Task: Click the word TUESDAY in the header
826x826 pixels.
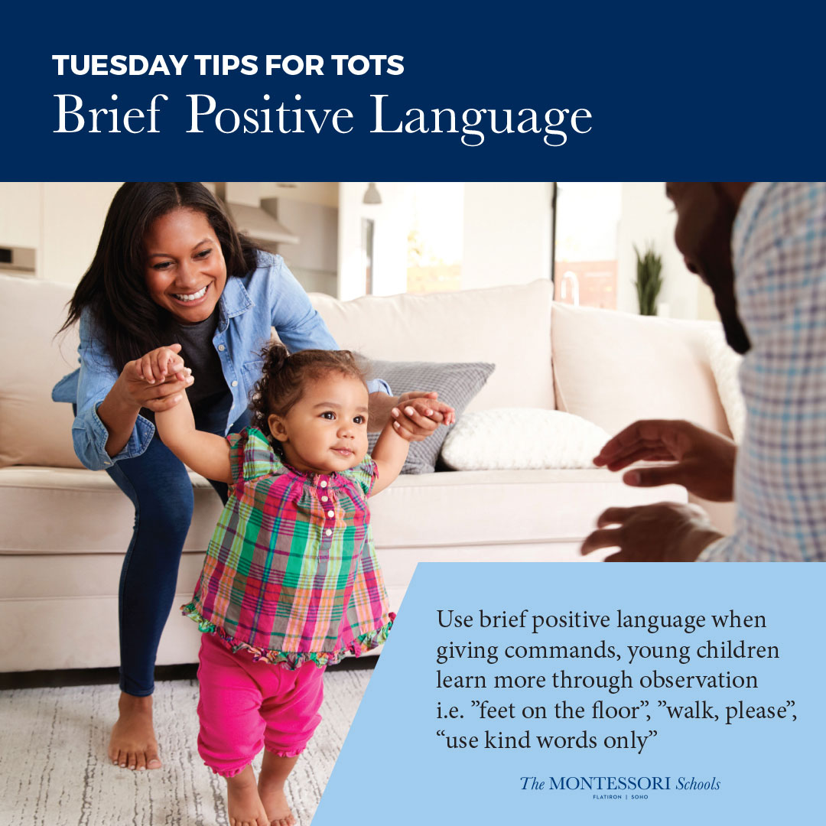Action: pyautogui.click(x=120, y=65)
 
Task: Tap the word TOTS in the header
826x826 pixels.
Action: pyautogui.click(x=367, y=65)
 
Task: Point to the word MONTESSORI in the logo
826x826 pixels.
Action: pyautogui.click(x=610, y=783)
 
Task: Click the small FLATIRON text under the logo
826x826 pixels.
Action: pyautogui.click(x=606, y=797)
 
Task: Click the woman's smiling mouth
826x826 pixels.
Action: pyautogui.click(x=192, y=294)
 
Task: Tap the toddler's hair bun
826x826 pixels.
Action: pyautogui.click(x=275, y=356)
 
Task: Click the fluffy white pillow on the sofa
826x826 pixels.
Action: pyautogui.click(x=524, y=439)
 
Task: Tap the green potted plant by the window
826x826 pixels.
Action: pyautogui.click(x=649, y=280)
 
